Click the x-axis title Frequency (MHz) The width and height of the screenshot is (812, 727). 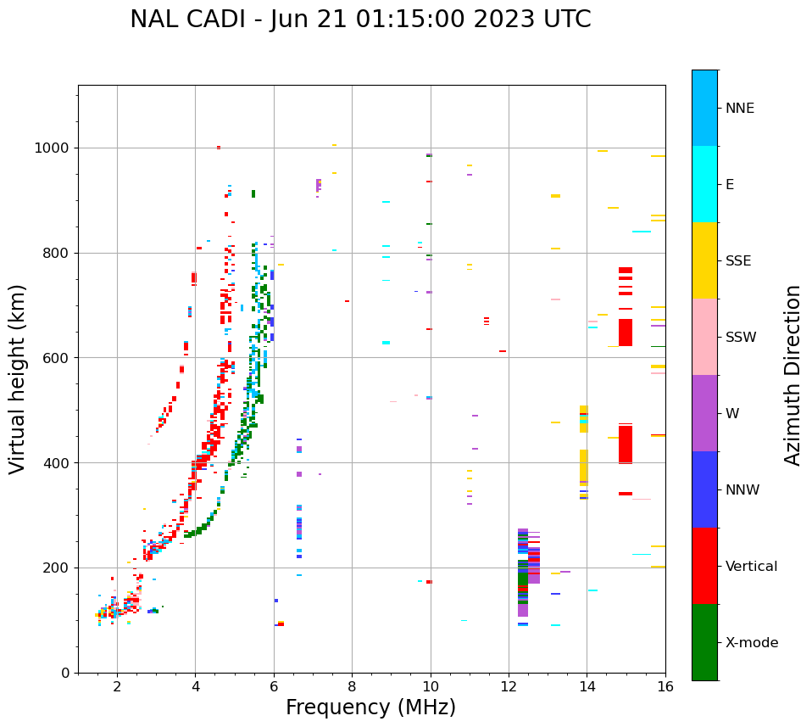click(x=370, y=707)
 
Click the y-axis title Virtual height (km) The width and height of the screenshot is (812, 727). click(x=18, y=378)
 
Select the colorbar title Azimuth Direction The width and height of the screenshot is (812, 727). click(x=793, y=375)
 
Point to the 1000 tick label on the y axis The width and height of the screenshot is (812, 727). click(x=52, y=148)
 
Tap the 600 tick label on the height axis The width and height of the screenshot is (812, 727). click(x=56, y=358)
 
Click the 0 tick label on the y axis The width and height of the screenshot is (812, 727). click(x=64, y=673)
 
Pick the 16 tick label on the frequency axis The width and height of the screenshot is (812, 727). click(x=665, y=686)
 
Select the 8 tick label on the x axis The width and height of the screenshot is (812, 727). click(x=352, y=686)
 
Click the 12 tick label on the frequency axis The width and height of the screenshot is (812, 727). click(x=509, y=686)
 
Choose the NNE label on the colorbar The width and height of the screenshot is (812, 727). click(x=740, y=109)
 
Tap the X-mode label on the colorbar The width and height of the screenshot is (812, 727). click(x=752, y=643)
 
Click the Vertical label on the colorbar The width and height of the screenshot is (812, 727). click(x=752, y=567)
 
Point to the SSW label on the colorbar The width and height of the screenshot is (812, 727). click(x=741, y=338)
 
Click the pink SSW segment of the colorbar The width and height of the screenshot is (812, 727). click(x=704, y=337)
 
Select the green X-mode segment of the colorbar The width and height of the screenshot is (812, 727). click(x=704, y=642)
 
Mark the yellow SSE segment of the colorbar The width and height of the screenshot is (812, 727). click(x=704, y=260)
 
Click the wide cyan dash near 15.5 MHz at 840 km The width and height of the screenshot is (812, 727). click(x=642, y=232)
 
